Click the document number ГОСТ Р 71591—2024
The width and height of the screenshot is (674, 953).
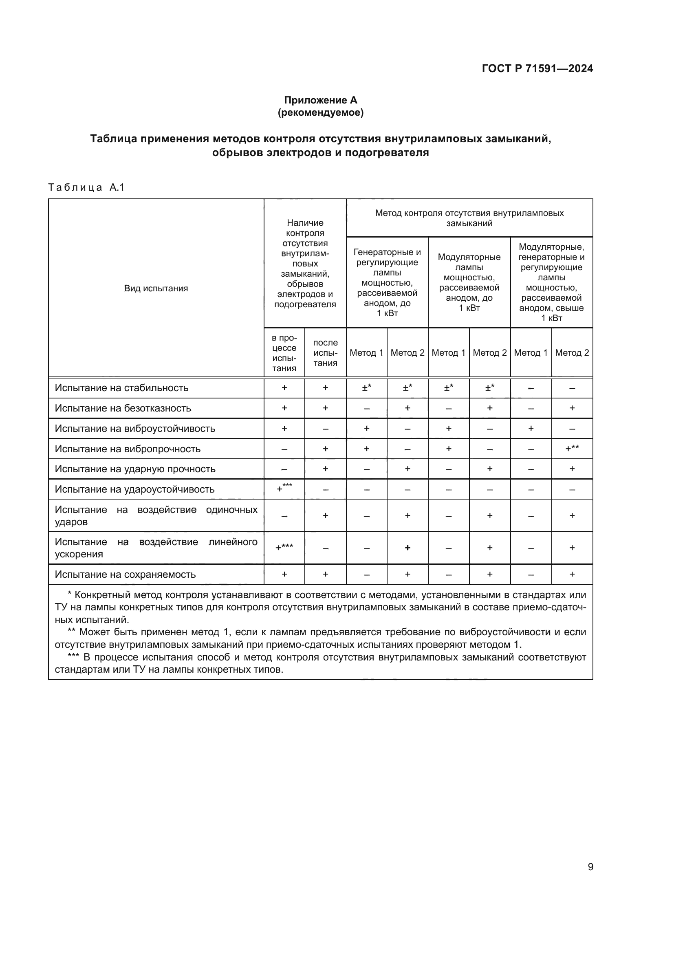click(537, 68)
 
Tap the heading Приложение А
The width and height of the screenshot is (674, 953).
click(320, 100)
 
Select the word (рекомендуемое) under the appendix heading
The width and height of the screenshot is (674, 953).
click(320, 112)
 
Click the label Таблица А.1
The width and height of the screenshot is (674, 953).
click(86, 187)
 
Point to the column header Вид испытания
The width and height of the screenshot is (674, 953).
click(156, 288)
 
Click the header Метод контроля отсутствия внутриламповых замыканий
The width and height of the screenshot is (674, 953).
click(469, 218)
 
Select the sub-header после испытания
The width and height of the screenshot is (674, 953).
click(325, 352)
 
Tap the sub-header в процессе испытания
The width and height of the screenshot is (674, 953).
click(284, 352)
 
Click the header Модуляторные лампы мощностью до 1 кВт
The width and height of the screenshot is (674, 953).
click(469, 282)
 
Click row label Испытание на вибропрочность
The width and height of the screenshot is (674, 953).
click(128, 449)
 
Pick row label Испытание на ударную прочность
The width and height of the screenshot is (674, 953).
click(135, 469)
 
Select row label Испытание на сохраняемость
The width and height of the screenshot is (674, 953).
click(125, 574)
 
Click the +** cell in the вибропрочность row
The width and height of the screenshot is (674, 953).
click(572, 448)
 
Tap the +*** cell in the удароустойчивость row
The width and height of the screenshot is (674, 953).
click(284, 489)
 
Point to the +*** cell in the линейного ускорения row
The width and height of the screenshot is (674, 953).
click(284, 547)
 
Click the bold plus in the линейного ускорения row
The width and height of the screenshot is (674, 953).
click(407, 548)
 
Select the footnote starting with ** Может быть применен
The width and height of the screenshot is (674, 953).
click(320, 638)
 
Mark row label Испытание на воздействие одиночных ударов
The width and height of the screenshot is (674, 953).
click(156, 515)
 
